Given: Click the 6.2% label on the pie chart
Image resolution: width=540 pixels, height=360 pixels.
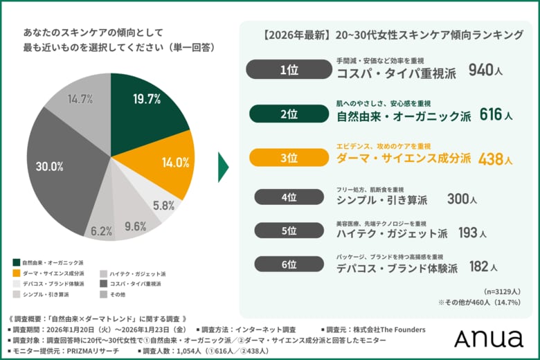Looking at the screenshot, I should point(101,231).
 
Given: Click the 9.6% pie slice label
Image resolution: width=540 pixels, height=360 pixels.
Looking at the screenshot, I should point(135,226).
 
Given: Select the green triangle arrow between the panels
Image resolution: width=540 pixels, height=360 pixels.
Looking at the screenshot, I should point(223,166).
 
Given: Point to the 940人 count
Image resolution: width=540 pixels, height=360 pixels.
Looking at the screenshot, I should point(484,70).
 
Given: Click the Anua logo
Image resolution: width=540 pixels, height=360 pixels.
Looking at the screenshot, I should point(487,338).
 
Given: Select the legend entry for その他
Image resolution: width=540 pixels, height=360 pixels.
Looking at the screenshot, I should point(116,294).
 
